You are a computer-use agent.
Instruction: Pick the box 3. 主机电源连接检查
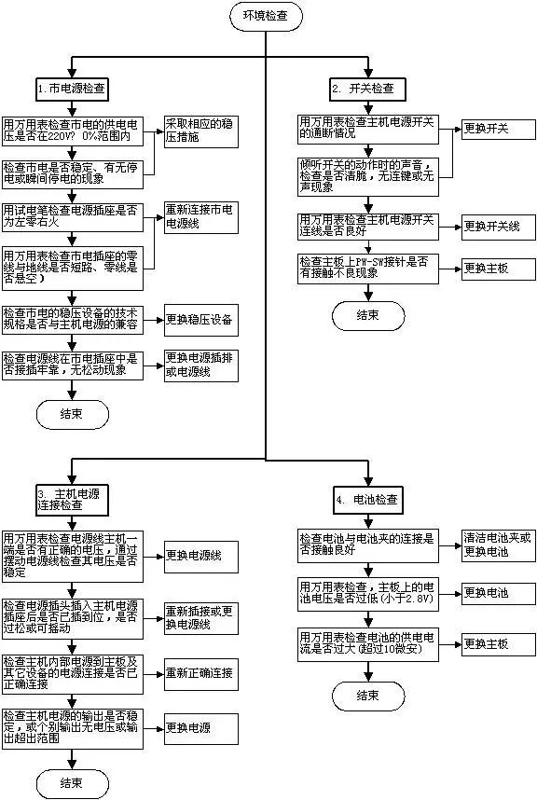click(73, 497)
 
